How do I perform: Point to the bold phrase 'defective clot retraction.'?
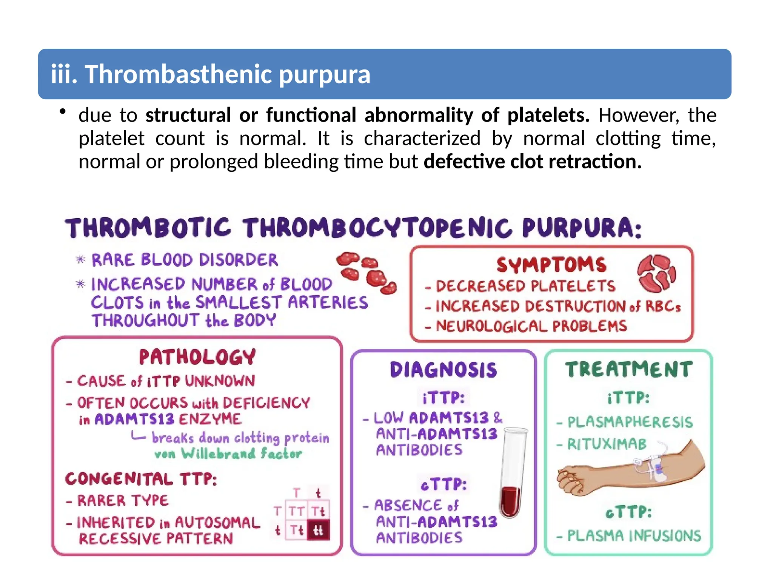tap(533, 162)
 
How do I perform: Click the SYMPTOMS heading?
tap(551, 265)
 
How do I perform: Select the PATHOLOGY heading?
tap(197, 357)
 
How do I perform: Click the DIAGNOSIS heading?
tap(443, 370)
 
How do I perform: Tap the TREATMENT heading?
tap(629, 369)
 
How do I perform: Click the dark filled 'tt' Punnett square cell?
tap(319, 530)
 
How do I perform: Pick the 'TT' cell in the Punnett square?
tap(297, 511)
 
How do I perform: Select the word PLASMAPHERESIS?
tap(630, 422)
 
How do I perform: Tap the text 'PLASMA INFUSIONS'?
tap(634, 535)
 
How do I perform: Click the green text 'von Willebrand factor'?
tap(228, 454)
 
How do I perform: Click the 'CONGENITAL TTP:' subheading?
tap(141, 479)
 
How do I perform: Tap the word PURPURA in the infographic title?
tap(582, 228)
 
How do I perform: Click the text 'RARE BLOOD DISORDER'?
tap(185, 260)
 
